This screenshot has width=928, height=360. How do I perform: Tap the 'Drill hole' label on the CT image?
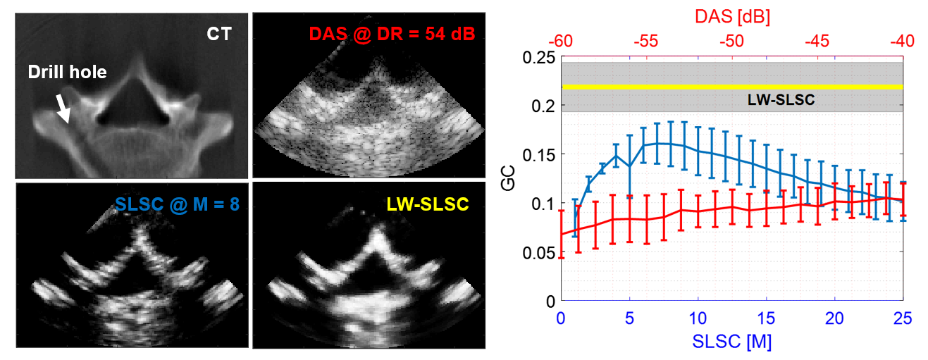coord(67,73)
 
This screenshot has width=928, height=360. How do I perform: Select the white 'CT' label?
coord(219,33)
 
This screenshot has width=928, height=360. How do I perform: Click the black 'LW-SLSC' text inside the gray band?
coord(781,100)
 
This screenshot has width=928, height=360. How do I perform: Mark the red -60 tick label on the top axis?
coord(561,42)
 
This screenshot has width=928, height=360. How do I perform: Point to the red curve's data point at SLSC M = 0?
coord(562,234)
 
